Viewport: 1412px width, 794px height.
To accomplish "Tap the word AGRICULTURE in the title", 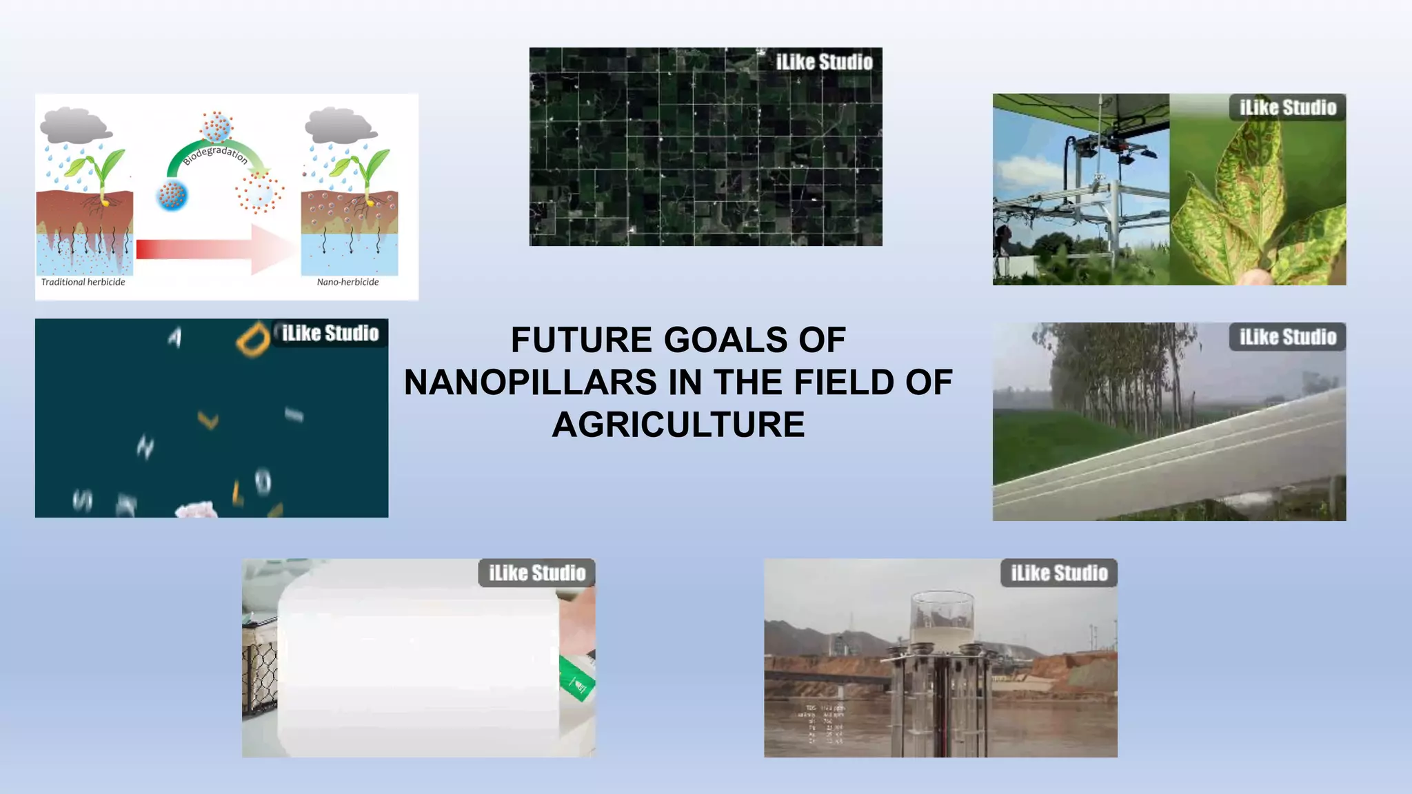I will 678,425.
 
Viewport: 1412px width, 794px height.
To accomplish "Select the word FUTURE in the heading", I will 582,340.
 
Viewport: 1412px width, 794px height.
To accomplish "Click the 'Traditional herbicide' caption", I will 83,282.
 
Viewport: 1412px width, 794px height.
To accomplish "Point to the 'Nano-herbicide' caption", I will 347,282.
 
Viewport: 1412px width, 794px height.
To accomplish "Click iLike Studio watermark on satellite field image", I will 824,62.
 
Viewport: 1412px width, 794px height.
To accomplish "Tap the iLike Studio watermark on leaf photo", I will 1287,108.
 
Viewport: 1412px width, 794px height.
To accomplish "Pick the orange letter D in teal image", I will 252,339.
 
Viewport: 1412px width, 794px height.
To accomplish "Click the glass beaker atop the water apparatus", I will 942,618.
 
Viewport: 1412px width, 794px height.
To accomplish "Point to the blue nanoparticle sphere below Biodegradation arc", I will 172,195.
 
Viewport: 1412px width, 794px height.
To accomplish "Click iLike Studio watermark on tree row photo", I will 1287,337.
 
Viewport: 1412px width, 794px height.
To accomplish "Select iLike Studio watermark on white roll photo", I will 536,573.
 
